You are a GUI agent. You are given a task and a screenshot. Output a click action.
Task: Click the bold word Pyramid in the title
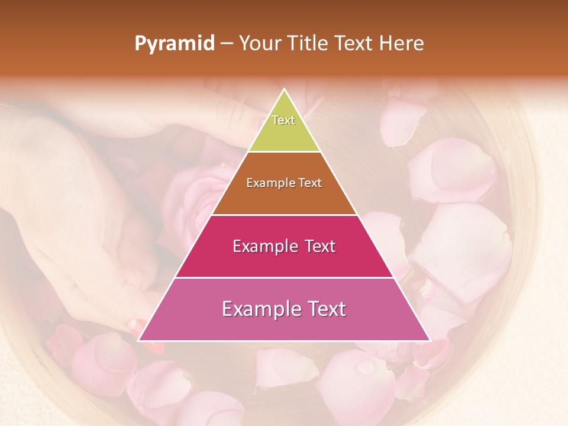click(175, 44)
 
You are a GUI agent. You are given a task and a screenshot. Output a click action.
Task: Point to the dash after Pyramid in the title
click(227, 44)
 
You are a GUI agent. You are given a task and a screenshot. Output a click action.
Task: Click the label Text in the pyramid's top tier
click(283, 120)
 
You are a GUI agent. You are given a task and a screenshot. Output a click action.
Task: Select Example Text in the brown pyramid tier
click(284, 183)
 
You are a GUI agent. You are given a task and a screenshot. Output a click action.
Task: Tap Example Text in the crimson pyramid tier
click(284, 246)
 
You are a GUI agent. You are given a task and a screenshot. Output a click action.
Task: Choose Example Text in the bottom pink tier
click(284, 309)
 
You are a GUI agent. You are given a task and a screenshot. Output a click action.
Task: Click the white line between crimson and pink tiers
click(284, 277)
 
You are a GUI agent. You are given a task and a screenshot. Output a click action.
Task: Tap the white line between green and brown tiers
click(284, 151)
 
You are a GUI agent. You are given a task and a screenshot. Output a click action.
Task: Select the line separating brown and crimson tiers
click(284, 215)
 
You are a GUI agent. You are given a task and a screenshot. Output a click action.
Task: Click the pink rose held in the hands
click(192, 195)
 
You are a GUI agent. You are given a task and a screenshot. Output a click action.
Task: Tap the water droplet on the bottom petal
click(364, 367)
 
